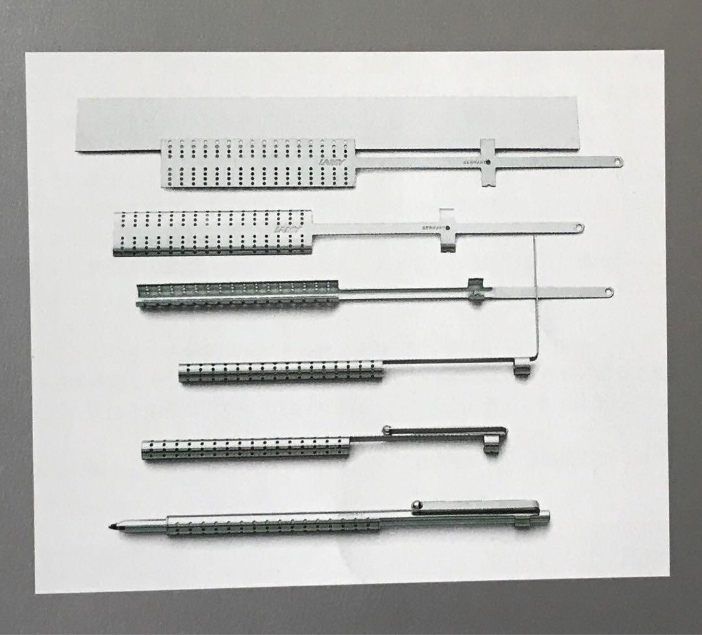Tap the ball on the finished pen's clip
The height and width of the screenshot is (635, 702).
415,504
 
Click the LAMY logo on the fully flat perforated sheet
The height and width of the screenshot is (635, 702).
332,163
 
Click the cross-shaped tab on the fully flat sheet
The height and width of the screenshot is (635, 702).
487,162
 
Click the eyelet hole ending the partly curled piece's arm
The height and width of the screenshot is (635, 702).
578,227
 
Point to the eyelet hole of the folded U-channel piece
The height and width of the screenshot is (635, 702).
608,292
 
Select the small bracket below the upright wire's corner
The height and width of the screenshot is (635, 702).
521,371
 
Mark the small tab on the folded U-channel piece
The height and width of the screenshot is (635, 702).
476,291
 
